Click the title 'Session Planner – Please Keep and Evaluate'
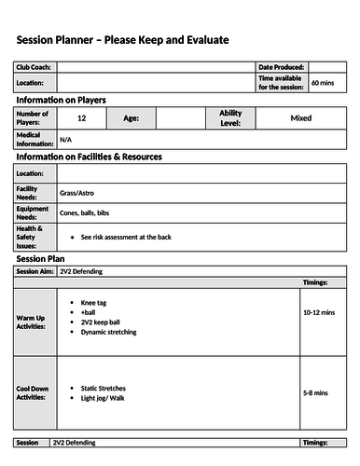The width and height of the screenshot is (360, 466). [x=122, y=40]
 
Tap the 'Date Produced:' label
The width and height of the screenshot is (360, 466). [x=282, y=68]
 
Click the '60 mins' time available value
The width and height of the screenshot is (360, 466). [x=323, y=83]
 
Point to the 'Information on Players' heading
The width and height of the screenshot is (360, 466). [x=62, y=100]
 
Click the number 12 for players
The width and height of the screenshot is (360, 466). [x=82, y=118]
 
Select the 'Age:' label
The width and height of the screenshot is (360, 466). [x=132, y=118]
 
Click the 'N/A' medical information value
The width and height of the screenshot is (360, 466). [x=65, y=139]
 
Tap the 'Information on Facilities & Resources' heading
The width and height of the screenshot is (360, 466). [x=90, y=157]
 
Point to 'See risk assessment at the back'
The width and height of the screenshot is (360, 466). [x=127, y=237]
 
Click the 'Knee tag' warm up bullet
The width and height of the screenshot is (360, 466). [x=95, y=303]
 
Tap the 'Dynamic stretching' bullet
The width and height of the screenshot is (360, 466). [x=108, y=332]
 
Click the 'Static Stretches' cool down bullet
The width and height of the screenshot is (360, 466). [x=104, y=388]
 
